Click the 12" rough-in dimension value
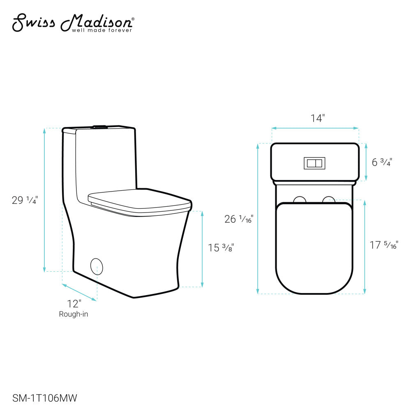click(74, 304)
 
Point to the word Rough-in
click(74, 314)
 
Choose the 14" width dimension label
click(317, 118)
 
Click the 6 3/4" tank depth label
click(382, 162)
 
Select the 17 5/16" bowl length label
click(383, 245)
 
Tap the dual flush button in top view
click(314, 163)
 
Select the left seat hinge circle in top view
click(300, 200)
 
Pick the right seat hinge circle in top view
click(328, 200)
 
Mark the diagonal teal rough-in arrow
click(79, 293)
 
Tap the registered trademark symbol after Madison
click(132, 19)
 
